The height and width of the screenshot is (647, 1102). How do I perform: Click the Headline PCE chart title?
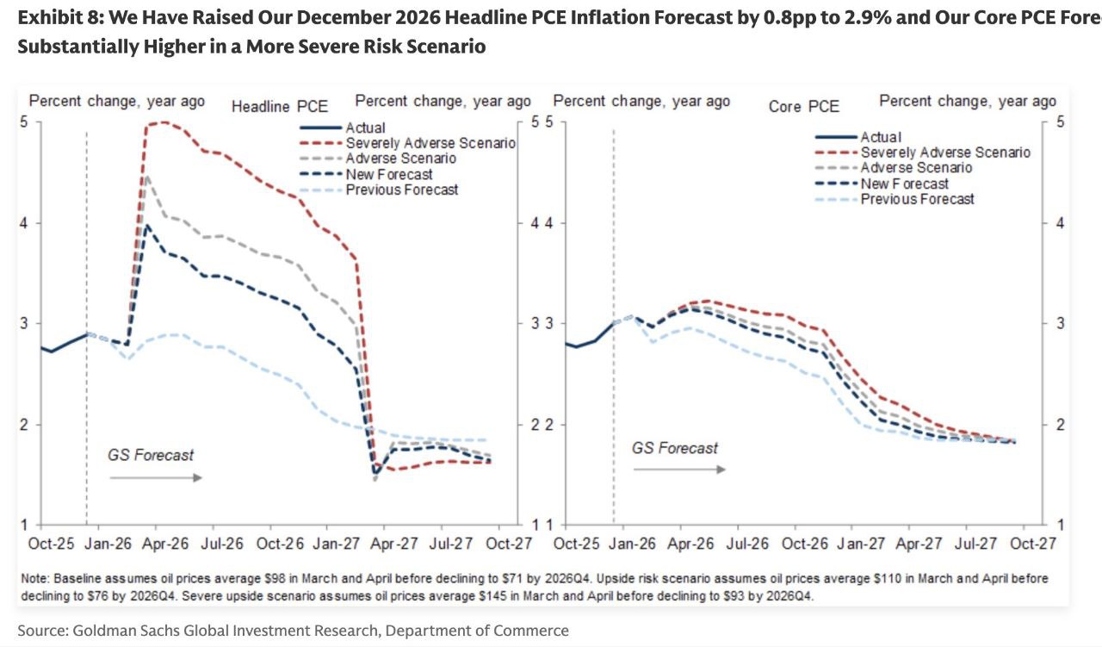point(280,107)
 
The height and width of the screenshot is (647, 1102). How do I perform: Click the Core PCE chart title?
point(803,107)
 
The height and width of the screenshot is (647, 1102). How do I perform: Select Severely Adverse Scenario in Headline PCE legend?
point(430,143)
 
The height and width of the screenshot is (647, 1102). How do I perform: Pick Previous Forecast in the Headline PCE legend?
point(402,190)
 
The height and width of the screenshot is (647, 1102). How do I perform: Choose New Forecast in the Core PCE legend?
point(905,184)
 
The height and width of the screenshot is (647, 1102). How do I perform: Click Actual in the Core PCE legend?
point(881,137)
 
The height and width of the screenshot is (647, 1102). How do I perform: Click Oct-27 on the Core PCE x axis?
point(1033,544)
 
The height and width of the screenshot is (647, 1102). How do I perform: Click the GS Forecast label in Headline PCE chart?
point(151,455)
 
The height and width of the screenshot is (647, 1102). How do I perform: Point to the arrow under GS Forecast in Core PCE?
point(680,469)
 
